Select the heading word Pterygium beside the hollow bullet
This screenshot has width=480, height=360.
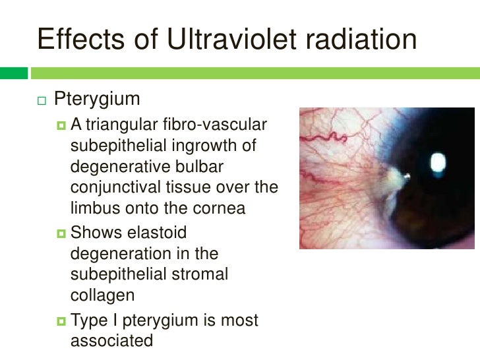tap(97, 101)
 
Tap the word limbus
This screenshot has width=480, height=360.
tap(92, 208)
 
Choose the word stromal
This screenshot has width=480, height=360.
tap(195, 274)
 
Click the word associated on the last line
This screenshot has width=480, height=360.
tap(111, 341)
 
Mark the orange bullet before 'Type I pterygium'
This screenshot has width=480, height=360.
tap(61, 320)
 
